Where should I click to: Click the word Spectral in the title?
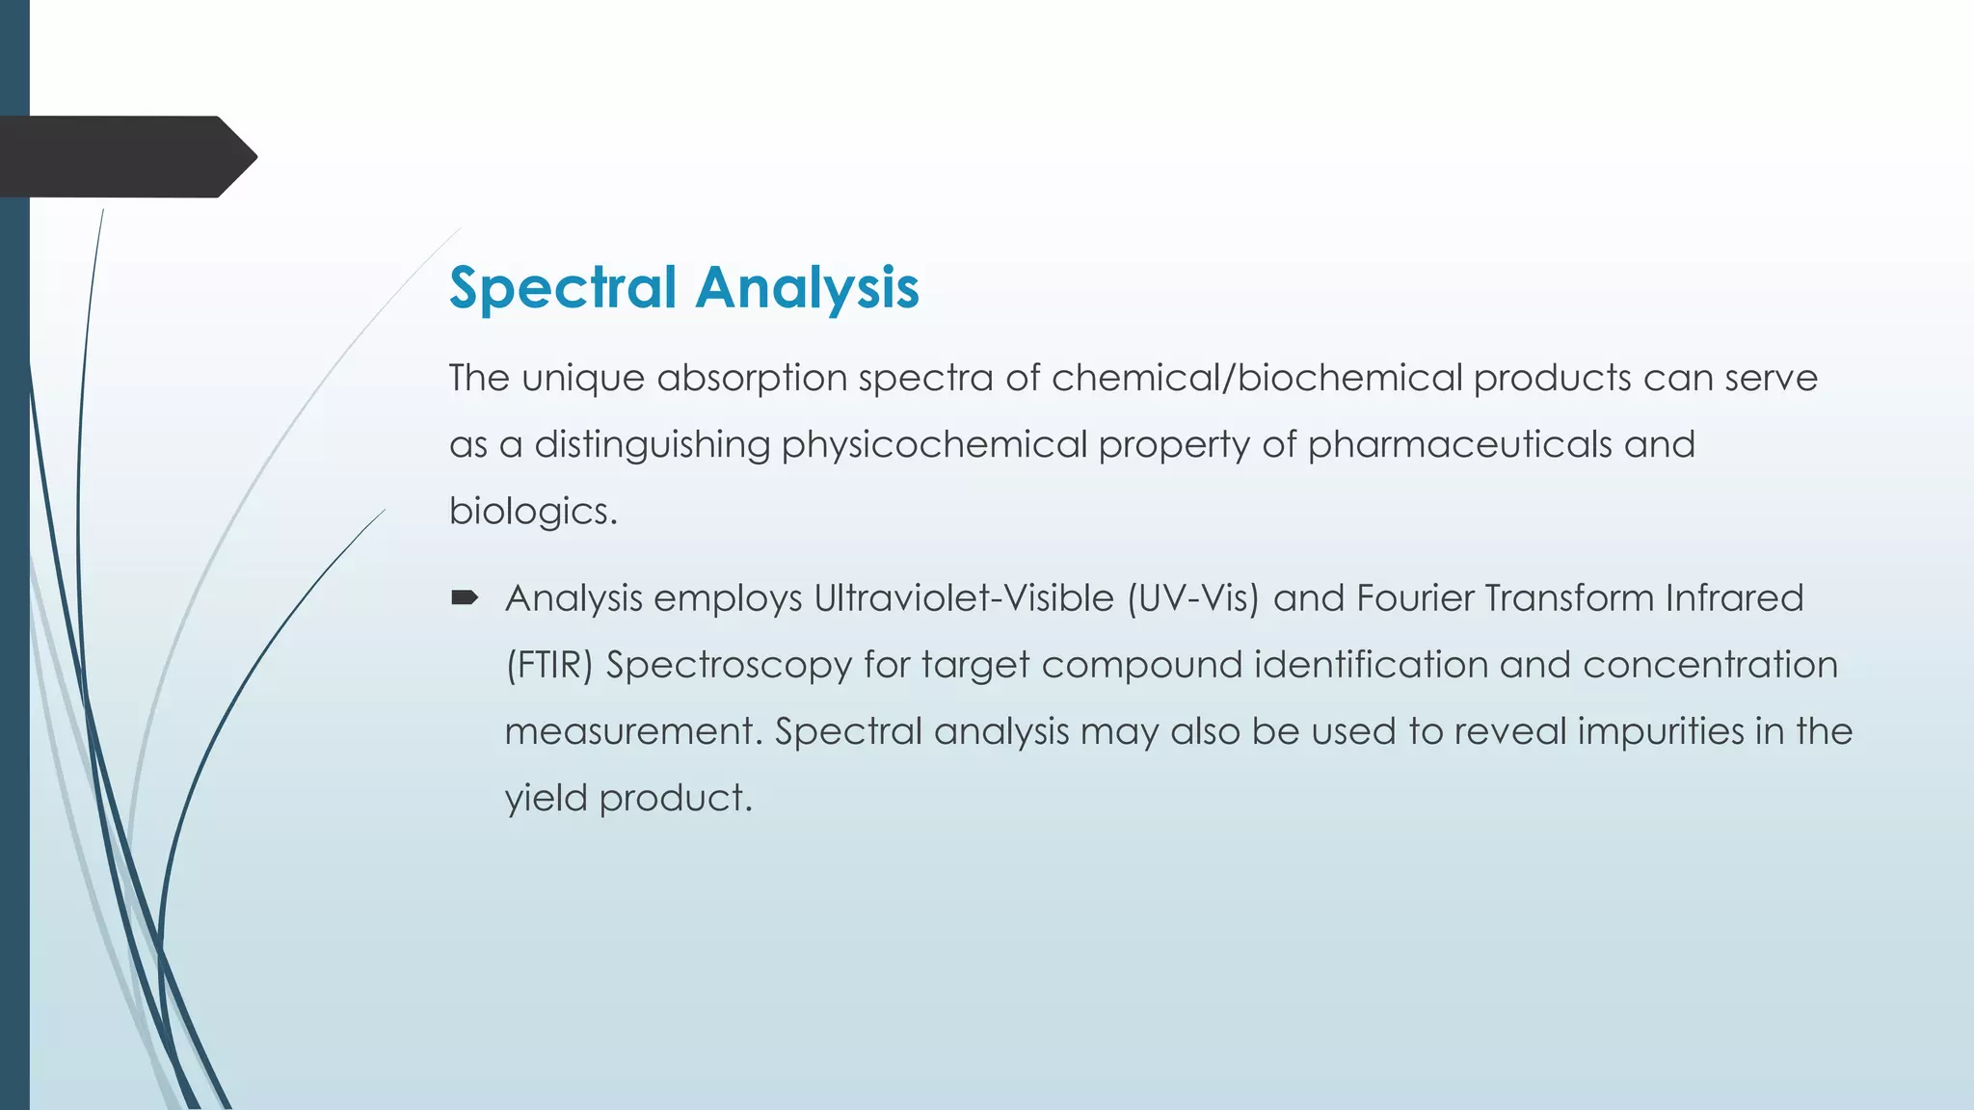point(563,288)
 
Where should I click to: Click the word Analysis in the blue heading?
point(807,288)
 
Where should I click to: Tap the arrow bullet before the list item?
point(465,598)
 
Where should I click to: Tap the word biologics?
point(532,511)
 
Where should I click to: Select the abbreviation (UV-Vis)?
point(1193,598)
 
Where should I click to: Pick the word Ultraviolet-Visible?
point(964,598)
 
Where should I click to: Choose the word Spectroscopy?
point(729,665)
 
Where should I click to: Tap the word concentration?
point(1710,665)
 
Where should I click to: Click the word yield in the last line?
point(546,798)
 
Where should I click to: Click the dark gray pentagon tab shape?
point(125,156)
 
